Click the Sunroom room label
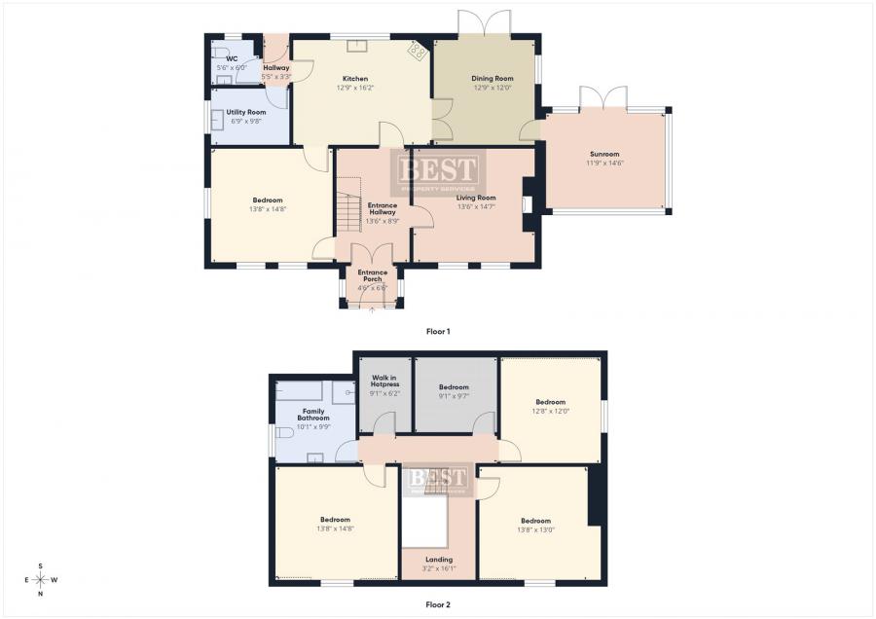click(604, 154)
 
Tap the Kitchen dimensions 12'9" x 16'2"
click(354, 88)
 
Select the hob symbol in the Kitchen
click(418, 52)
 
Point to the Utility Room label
click(246, 112)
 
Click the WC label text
click(232, 58)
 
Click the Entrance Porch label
click(373, 275)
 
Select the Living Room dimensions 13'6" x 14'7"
click(477, 206)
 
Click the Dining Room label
click(493, 79)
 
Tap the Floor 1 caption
click(438, 331)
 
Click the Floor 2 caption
click(438, 604)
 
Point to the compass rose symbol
click(40, 580)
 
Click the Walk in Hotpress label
click(384, 381)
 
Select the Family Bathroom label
click(313, 415)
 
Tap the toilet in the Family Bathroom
click(284, 433)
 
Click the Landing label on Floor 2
click(439, 560)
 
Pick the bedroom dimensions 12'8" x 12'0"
click(550, 411)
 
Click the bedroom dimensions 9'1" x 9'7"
click(454, 395)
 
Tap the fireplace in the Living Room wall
click(527, 204)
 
